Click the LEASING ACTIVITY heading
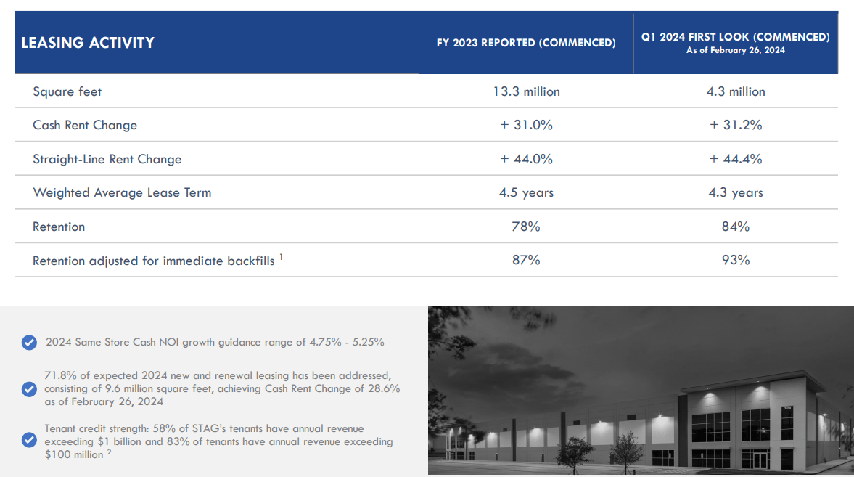pyautogui.click(x=88, y=43)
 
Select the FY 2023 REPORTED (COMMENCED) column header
pyautogui.click(x=526, y=43)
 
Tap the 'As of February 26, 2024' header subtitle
pyautogui.click(x=735, y=50)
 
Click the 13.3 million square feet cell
pyautogui.click(x=526, y=91)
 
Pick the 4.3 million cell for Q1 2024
pyautogui.click(x=735, y=91)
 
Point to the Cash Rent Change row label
pyautogui.click(x=85, y=125)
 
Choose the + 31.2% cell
pyautogui.click(x=735, y=125)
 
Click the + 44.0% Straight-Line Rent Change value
pyautogui.click(x=526, y=158)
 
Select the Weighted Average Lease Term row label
pyautogui.click(x=122, y=192)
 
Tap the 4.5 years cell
pyautogui.click(x=526, y=192)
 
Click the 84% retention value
pyautogui.click(x=735, y=227)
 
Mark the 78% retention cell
pyautogui.click(x=526, y=227)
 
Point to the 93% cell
pyautogui.click(x=735, y=260)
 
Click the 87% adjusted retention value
pyautogui.click(x=526, y=260)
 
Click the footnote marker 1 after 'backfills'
pyautogui.click(x=281, y=257)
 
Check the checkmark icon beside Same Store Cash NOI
pyautogui.click(x=30, y=343)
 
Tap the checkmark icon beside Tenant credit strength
pyautogui.click(x=30, y=440)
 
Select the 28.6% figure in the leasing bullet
pyautogui.click(x=383, y=388)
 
